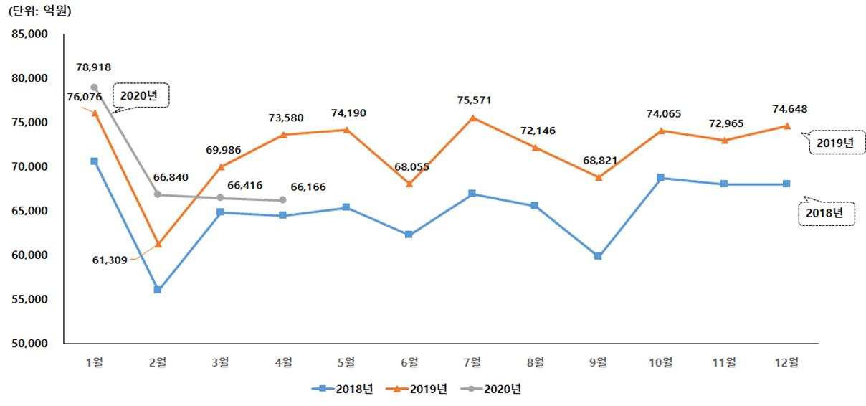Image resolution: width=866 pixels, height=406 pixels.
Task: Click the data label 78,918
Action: click(94, 67)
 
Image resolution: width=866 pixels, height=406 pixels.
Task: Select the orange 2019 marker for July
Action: click(472, 118)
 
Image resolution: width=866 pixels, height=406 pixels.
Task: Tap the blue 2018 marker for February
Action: click(158, 290)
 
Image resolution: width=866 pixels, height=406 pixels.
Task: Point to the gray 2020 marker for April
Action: click(284, 200)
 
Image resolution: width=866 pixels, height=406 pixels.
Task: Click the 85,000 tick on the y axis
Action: click(29, 34)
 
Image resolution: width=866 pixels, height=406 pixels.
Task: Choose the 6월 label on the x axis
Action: click(409, 362)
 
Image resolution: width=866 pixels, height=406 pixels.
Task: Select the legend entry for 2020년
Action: click(492, 389)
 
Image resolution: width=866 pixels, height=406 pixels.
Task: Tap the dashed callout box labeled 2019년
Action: click(831, 142)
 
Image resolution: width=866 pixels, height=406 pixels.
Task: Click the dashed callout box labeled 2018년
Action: click(827, 213)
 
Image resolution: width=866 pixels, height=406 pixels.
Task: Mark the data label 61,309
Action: click(110, 260)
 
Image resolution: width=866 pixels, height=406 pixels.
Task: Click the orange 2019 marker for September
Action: click(599, 177)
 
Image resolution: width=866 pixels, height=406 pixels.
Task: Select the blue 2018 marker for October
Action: click(661, 177)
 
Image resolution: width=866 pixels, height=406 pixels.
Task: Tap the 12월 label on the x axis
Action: click(787, 362)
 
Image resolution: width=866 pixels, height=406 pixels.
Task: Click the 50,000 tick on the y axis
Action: click(29, 343)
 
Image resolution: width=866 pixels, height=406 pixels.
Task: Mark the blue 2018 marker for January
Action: click(95, 161)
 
